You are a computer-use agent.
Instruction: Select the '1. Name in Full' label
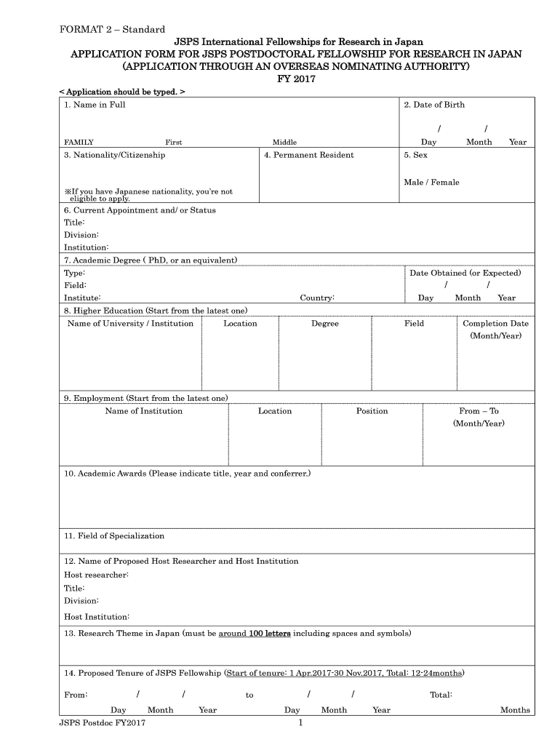pos(95,105)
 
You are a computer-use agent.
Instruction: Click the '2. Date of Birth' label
pos(434,105)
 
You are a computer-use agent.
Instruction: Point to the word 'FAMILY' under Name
pos(79,143)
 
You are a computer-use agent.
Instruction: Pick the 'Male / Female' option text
pos(432,183)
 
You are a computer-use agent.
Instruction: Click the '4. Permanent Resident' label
pos(309,155)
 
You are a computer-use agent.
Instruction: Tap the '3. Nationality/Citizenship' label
pos(115,155)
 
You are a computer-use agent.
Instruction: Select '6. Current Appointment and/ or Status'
pos(140,210)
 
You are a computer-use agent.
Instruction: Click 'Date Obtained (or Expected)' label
pos(465,274)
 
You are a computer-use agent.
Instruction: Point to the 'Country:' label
pos(317,298)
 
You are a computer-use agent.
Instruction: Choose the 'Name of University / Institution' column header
pos(130,324)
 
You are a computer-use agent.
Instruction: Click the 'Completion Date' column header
pos(496,324)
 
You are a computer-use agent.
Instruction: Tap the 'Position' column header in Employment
pos(372,411)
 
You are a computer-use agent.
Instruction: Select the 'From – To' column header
pos(479,411)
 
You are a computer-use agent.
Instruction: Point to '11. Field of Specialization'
pos(114,536)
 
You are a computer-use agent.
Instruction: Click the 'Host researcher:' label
pos(97,575)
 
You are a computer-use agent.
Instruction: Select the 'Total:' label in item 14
pos(441,696)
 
